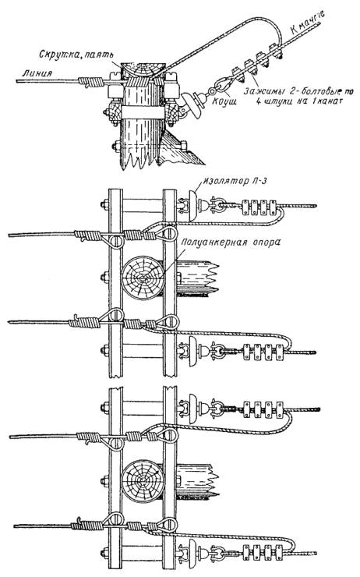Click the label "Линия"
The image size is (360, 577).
pyautogui.click(x=37, y=73)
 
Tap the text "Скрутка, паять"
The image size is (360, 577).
pyautogui.click(x=76, y=55)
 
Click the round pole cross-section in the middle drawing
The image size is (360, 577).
pyautogui.click(x=143, y=278)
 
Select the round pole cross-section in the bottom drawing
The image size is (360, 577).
pyautogui.click(x=142, y=481)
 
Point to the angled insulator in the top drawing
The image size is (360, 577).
pyautogui.click(x=192, y=104)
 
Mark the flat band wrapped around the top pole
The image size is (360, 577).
pyautogui.click(x=143, y=112)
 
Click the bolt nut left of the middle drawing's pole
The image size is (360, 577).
pyautogui.click(x=105, y=277)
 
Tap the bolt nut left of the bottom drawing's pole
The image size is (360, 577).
pyautogui.click(x=105, y=481)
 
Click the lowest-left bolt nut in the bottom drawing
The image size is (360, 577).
pyautogui.click(x=105, y=553)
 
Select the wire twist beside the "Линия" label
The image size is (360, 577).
pyautogui.click(x=90, y=81)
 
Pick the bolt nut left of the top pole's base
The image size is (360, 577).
pyautogui.click(x=117, y=146)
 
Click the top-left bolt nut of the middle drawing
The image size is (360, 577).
pyautogui.click(x=105, y=204)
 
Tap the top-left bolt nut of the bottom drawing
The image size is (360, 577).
pyautogui.click(x=105, y=407)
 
